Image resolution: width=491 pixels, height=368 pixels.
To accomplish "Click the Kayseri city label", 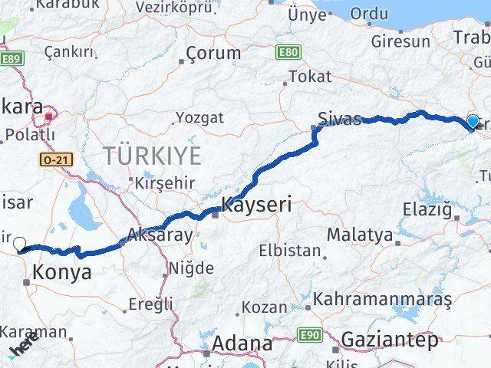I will coord(256,205).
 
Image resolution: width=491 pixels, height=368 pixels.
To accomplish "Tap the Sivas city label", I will coord(339,119).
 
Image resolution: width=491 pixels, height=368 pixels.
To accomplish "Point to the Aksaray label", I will coord(160,235).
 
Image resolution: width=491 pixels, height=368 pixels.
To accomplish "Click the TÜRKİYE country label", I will coord(153,156).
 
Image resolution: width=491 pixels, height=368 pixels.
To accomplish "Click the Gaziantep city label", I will coord(390,339).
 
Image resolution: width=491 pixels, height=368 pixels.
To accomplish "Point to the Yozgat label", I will coord(199,117).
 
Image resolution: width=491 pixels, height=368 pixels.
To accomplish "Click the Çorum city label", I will coord(213,54).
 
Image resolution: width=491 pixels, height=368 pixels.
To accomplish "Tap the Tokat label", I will coord(309,76).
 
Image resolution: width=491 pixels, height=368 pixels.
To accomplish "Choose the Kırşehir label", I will coord(164,183).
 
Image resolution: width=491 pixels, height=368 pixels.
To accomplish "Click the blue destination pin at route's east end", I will coord(473,121).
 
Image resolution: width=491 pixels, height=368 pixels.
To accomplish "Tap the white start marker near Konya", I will coord(20,245).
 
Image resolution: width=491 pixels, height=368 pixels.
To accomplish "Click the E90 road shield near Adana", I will coord(309,334).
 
